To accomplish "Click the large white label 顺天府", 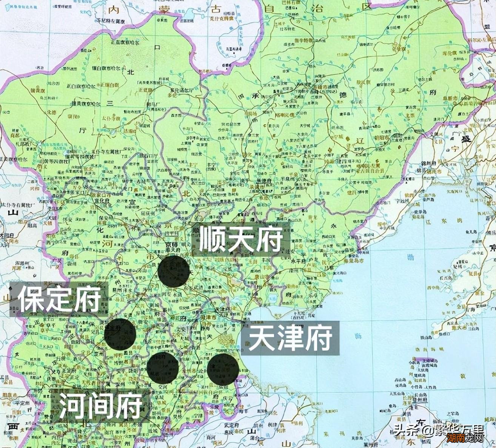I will [x=240, y=239].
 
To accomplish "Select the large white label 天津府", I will [x=290, y=338].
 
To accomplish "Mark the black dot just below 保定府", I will [x=120, y=334].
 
